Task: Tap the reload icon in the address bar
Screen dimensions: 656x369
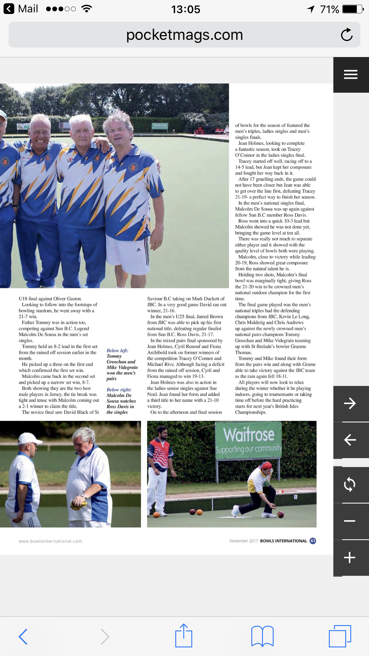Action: (346, 35)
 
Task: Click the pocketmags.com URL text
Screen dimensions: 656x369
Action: (184, 35)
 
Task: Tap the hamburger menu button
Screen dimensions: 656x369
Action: (351, 74)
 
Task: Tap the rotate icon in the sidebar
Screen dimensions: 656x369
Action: (350, 485)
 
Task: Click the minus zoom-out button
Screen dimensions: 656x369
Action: (350, 521)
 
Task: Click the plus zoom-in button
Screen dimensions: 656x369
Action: (350, 557)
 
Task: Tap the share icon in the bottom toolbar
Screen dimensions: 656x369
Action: (184, 635)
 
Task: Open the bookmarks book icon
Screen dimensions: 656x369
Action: (262, 636)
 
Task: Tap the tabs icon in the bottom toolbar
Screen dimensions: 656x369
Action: (340, 636)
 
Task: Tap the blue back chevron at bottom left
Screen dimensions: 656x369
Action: (23, 636)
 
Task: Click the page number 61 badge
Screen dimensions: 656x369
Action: (313, 541)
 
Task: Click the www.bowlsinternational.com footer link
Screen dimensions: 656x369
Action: (50, 541)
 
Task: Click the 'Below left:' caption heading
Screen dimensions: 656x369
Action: (117, 351)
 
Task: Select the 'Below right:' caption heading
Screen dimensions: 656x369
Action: (119, 389)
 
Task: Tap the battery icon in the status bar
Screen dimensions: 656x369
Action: (352, 9)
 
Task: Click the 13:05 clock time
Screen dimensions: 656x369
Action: (186, 9)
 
